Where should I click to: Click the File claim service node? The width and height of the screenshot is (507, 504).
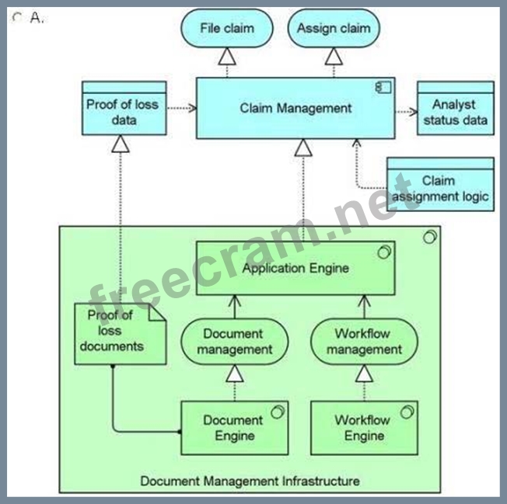pyautogui.click(x=226, y=29)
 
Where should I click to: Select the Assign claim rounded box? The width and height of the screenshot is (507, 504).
pyautogui.click(x=334, y=29)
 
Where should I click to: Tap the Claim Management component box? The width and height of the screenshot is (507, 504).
pyautogui.click(x=295, y=109)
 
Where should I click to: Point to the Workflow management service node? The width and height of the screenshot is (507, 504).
pyautogui.click(x=364, y=342)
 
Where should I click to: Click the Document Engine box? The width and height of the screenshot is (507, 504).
pyautogui.click(x=234, y=428)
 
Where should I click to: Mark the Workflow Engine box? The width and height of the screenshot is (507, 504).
pyautogui.click(x=364, y=428)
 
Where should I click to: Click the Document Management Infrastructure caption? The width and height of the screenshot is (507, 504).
pyautogui.click(x=250, y=481)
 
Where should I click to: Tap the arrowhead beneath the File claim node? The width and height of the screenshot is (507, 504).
pyautogui.click(x=226, y=56)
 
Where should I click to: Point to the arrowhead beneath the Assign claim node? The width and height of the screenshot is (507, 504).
pyautogui.click(x=334, y=56)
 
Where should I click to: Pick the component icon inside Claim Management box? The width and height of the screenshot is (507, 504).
pyautogui.click(x=383, y=86)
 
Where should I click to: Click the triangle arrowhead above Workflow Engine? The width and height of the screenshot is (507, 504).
pyautogui.click(x=364, y=374)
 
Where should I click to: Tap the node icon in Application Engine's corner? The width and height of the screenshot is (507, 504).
pyautogui.click(x=383, y=251)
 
